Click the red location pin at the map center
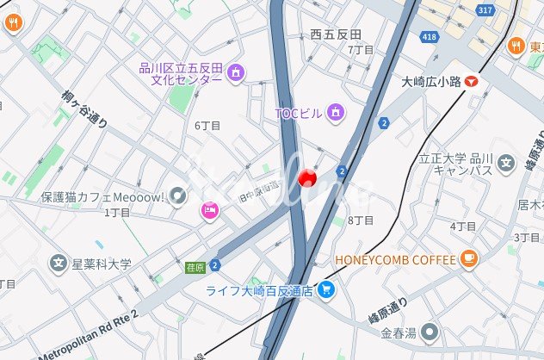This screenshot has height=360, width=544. coord(306,177)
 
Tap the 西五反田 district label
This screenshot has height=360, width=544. coord(336,34)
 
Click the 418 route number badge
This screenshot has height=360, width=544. coord(430,36)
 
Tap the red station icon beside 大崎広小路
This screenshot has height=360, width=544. coord(471,81)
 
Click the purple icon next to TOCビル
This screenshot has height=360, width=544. coord(336,112)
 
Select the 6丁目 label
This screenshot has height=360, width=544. coord(207,126)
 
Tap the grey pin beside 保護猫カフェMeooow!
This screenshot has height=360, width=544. coord(177,196)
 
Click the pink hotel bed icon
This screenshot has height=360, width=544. coord(209,211)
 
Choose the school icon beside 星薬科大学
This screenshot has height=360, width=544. coord(59,263)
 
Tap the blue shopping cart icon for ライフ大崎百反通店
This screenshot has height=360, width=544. coord(325,290)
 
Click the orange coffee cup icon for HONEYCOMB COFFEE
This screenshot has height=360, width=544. coord(468,258)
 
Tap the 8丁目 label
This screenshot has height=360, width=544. coord(362,220)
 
